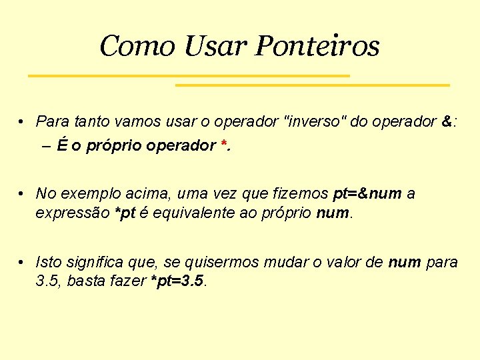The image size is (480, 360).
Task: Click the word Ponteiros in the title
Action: pyautogui.click(x=317, y=46)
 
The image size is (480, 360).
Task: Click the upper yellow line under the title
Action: pyautogui.click(x=189, y=76)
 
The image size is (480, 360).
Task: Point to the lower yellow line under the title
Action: pyautogui.click(x=312, y=85)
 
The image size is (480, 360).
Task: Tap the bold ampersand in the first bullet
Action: pyautogui.click(x=447, y=121)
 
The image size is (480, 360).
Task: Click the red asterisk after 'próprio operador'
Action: pyautogui.click(x=223, y=145)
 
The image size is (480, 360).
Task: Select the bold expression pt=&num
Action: pyautogui.click(x=367, y=193)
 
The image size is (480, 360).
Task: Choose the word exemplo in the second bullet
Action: pyautogui.click(x=83, y=193)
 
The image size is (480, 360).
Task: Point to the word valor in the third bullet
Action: pyautogui.click(x=348, y=261)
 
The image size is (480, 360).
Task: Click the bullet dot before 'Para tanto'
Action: pyautogui.click(x=22, y=122)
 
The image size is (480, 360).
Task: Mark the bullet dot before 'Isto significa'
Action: pyautogui.click(x=22, y=262)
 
